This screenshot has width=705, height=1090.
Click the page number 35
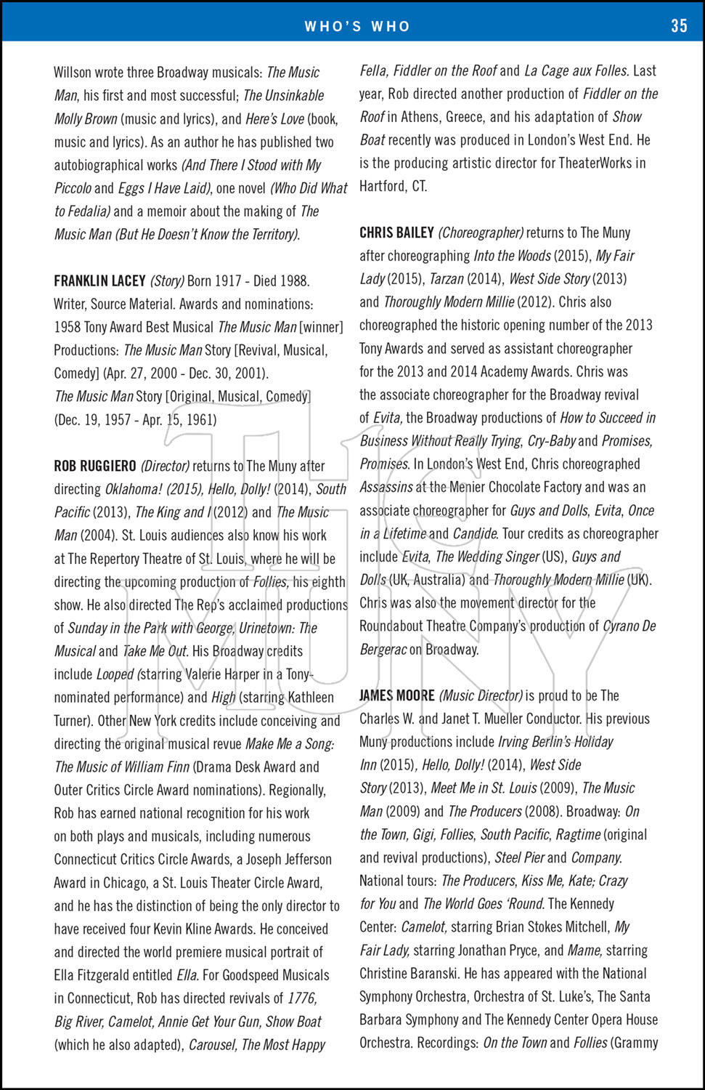[679, 26]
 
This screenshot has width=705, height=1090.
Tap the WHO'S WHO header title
[357, 26]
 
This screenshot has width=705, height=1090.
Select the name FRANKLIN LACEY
[99, 281]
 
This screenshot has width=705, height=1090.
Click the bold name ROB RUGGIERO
[95, 466]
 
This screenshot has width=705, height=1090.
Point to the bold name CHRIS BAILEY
[396, 233]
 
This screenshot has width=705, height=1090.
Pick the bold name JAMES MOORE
[397, 695]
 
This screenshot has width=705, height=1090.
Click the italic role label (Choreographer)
[481, 233]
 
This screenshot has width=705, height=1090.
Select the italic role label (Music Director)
[481, 695]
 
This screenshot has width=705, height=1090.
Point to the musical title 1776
[302, 998]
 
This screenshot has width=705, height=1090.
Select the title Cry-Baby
[552, 441]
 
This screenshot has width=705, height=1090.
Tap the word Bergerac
[383, 650]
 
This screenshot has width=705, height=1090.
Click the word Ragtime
[579, 835]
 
